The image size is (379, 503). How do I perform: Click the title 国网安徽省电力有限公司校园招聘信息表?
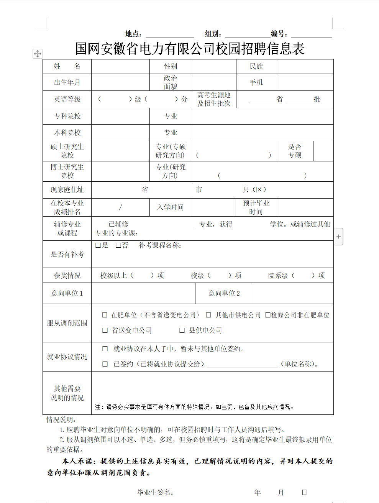tap(190, 49)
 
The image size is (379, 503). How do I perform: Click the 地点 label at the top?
tap(133, 34)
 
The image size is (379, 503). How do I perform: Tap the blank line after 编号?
tap(312, 34)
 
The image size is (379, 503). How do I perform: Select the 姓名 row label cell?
tap(67, 66)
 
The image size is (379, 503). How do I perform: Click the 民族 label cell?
tap(256, 66)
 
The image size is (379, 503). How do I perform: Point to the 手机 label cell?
tap(256, 82)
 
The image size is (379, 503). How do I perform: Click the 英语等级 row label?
tap(67, 99)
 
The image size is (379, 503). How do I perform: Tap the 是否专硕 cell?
tap(295, 151)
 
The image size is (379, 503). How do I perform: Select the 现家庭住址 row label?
tap(67, 190)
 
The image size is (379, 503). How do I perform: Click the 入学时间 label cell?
tap(170, 207)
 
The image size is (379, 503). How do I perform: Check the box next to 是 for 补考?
tap(98, 245)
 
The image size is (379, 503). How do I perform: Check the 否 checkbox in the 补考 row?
tap(118, 245)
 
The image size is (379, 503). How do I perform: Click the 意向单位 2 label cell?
tap(224, 293)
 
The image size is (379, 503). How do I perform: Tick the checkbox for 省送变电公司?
tap(105, 330)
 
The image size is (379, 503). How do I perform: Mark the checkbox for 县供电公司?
tap(182, 330)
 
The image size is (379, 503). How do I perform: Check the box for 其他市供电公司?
tap(209, 315)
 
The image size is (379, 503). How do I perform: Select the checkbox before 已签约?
tap(105, 364)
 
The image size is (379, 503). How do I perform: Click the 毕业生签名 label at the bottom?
tap(155, 493)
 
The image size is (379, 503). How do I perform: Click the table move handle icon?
tap(38, 54)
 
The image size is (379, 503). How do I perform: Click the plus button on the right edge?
tap(339, 237)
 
